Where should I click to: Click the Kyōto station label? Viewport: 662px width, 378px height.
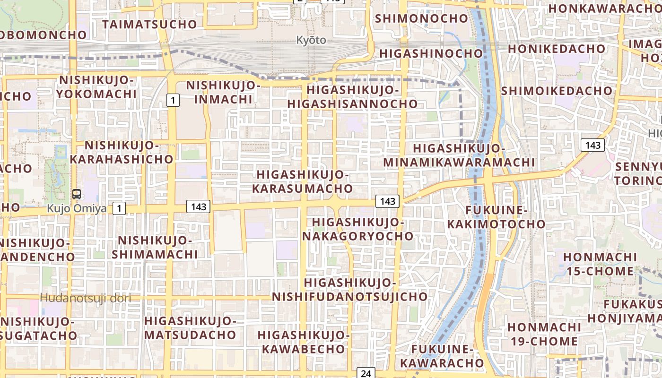pos(311,40)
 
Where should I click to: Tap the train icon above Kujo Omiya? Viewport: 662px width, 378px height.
pos(76,194)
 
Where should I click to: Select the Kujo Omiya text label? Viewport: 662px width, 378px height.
pos(77,208)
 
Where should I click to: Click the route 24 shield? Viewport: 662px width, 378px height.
pos(366,373)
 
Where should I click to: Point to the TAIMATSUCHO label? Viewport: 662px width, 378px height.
pos(149,24)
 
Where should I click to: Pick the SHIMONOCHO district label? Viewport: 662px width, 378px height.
pos(421,18)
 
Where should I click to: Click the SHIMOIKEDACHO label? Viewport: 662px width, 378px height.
pos(557,90)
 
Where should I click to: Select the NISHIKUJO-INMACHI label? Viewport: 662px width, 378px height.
pos(223,93)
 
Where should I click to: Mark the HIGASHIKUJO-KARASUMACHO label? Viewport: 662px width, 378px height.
pos(303,182)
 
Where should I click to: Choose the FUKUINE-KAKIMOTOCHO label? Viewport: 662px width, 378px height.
pos(496,217)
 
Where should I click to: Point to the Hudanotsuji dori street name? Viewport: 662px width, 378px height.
pos(85,298)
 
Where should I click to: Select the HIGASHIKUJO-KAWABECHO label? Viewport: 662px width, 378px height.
pos(303,342)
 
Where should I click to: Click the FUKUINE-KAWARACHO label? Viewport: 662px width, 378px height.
pos(442,356)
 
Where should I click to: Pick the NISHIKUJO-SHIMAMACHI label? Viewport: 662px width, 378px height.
pos(155,247)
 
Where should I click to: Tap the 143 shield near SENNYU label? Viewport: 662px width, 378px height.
pos(592,145)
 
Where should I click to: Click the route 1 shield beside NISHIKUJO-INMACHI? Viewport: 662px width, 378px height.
pos(174,100)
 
